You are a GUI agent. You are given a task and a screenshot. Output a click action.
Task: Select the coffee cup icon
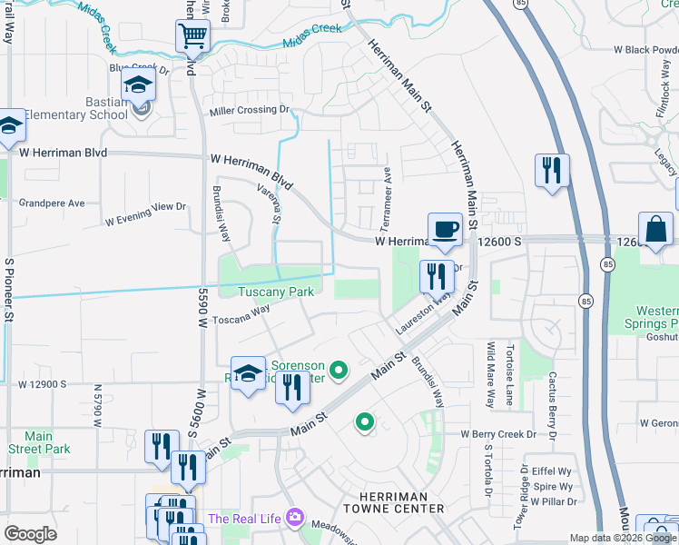tap(444, 229)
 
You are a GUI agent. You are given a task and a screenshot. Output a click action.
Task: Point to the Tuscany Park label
tap(276, 292)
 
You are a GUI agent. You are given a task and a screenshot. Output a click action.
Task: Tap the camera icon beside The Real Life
tap(294, 519)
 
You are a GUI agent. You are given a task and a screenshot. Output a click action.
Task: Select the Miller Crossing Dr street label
tap(250, 111)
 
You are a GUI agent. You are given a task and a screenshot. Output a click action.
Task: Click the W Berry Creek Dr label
tap(499, 435)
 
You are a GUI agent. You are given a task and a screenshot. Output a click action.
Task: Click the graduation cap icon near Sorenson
tap(248, 373)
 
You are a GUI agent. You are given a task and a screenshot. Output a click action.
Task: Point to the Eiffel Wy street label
tap(552, 471)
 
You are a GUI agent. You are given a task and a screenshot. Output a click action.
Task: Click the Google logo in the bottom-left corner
tap(31, 534)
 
